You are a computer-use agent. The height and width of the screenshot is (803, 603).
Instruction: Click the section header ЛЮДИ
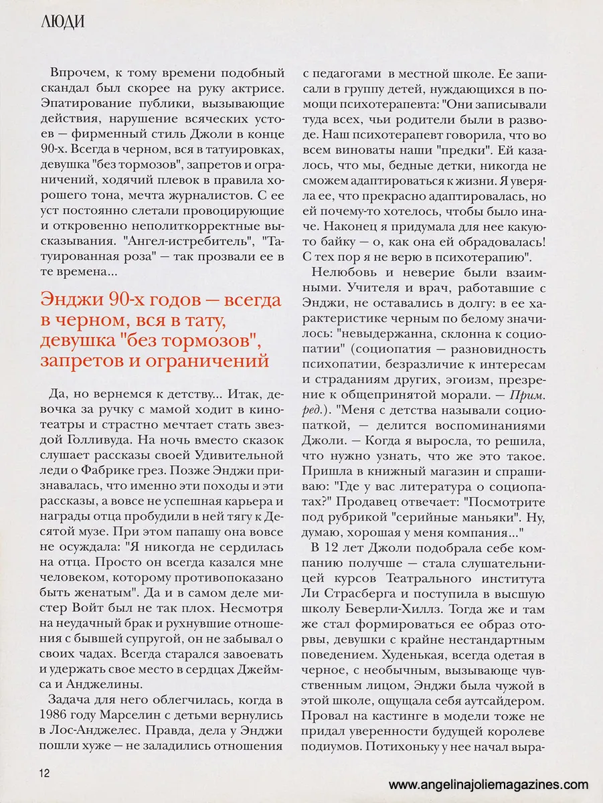(62, 21)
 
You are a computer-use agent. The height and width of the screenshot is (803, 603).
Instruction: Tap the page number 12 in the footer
(45, 773)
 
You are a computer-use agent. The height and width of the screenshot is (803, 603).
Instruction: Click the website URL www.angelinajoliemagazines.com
(489, 784)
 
